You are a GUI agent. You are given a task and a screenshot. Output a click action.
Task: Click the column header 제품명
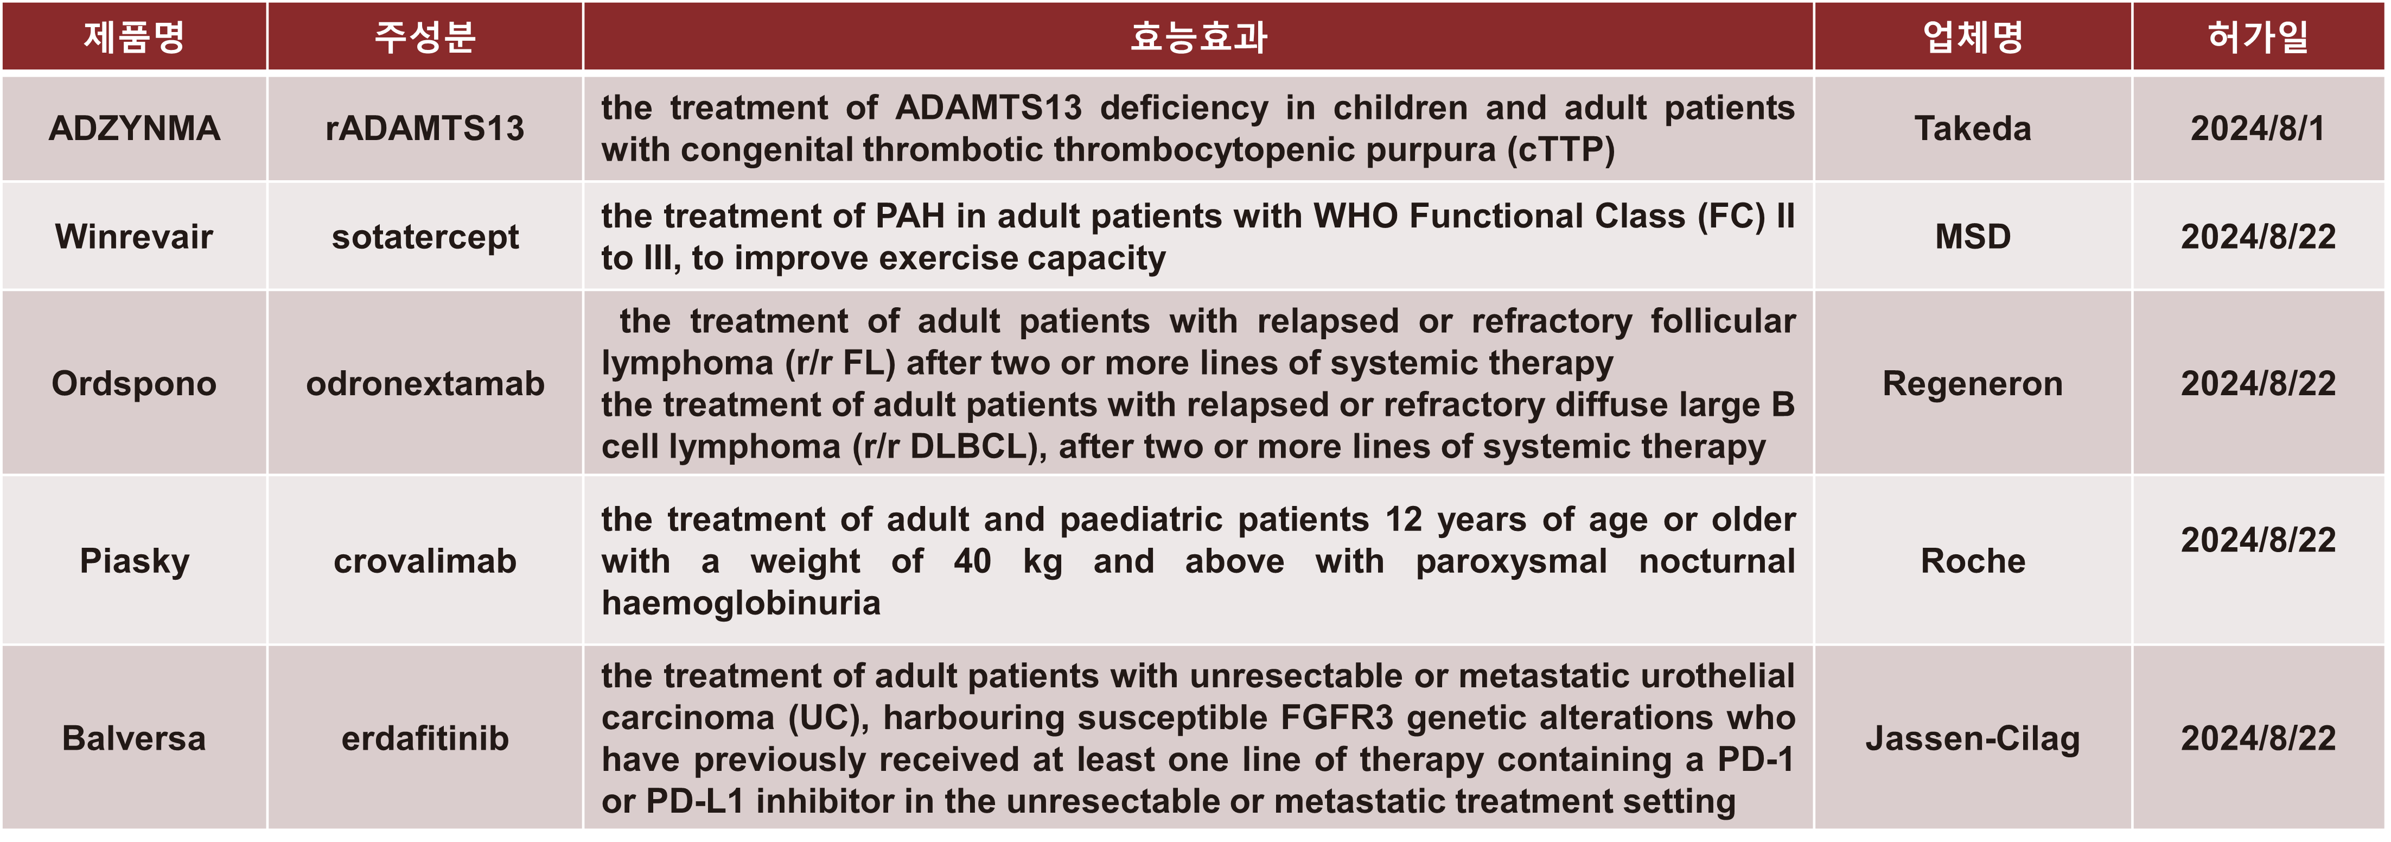click(x=135, y=37)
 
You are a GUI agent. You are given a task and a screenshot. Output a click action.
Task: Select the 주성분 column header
click(x=425, y=37)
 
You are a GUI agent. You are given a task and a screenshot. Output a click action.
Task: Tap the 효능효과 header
click(x=1198, y=37)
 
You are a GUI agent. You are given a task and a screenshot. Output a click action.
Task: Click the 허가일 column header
click(x=2258, y=37)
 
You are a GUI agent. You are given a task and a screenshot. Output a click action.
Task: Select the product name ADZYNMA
click(x=135, y=128)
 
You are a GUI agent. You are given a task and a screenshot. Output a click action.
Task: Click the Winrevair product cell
click(x=135, y=237)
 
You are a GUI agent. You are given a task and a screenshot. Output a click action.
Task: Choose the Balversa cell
click(x=135, y=738)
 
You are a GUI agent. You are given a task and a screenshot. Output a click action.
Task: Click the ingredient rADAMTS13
click(x=425, y=128)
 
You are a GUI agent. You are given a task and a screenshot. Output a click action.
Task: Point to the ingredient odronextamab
click(x=425, y=383)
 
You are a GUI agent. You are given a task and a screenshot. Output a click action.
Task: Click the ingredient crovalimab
click(x=425, y=561)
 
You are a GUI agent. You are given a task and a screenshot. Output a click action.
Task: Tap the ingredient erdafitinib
click(x=425, y=738)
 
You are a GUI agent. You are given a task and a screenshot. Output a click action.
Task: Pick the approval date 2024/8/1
click(x=2258, y=128)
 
